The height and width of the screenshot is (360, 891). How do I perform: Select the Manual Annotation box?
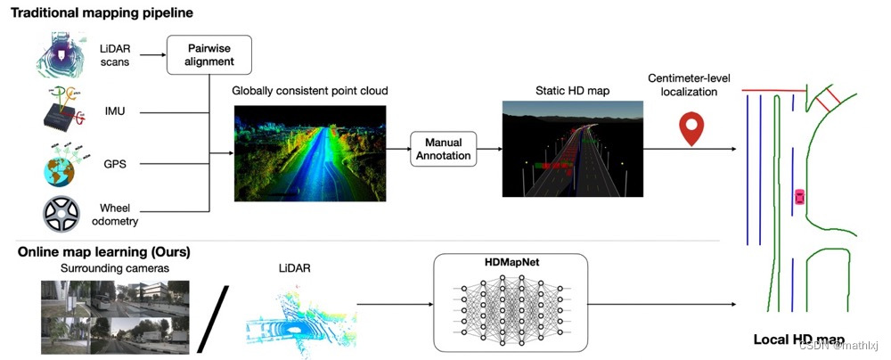(444, 149)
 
